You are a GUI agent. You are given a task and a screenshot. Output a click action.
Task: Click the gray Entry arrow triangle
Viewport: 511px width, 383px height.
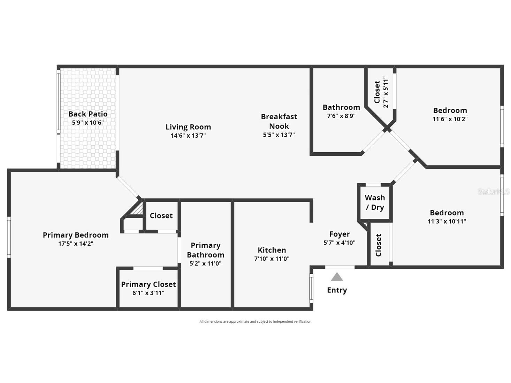[x=337, y=277]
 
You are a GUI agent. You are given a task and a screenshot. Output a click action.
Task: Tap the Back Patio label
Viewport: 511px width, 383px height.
[x=88, y=114]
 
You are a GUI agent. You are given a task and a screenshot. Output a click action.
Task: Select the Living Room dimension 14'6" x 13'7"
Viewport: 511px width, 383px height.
[x=188, y=136]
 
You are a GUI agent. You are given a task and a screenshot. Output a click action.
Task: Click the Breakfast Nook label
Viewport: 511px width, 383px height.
[x=279, y=121]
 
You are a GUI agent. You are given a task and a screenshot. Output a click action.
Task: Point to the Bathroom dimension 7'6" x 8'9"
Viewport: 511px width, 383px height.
[x=341, y=116]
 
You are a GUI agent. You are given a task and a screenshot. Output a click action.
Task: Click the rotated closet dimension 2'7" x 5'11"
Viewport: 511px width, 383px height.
[x=386, y=92]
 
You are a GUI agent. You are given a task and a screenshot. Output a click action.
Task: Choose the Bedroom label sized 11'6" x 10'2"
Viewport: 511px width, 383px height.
[x=450, y=110]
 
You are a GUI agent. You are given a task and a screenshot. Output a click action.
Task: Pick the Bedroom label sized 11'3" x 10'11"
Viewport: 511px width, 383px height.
[x=447, y=213]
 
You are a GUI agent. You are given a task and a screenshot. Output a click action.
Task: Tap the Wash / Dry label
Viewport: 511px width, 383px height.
[x=375, y=202]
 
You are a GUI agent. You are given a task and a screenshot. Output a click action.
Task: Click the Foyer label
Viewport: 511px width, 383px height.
[x=340, y=234]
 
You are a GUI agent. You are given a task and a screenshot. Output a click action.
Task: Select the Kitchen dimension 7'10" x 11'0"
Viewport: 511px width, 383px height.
[x=272, y=259]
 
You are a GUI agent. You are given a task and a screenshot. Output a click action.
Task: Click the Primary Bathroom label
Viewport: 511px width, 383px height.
[x=205, y=250]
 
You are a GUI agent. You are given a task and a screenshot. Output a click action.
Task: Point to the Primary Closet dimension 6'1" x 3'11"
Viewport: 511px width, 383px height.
[x=148, y=293]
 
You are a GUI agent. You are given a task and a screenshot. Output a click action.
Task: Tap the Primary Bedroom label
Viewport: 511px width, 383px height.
[x=76, y=235]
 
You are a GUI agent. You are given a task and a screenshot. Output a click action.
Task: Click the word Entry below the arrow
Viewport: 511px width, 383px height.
[x=337, y=290]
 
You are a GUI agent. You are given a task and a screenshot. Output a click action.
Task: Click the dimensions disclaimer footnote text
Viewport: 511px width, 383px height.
[x=255, y=322]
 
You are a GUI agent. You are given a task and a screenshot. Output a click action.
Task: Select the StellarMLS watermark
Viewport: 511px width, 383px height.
[x=493, y=192]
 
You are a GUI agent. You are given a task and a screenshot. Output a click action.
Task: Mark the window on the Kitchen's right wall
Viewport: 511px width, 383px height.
[x=311, y=288]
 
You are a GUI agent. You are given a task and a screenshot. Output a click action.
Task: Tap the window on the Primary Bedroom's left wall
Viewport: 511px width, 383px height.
[x=9, y=237]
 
